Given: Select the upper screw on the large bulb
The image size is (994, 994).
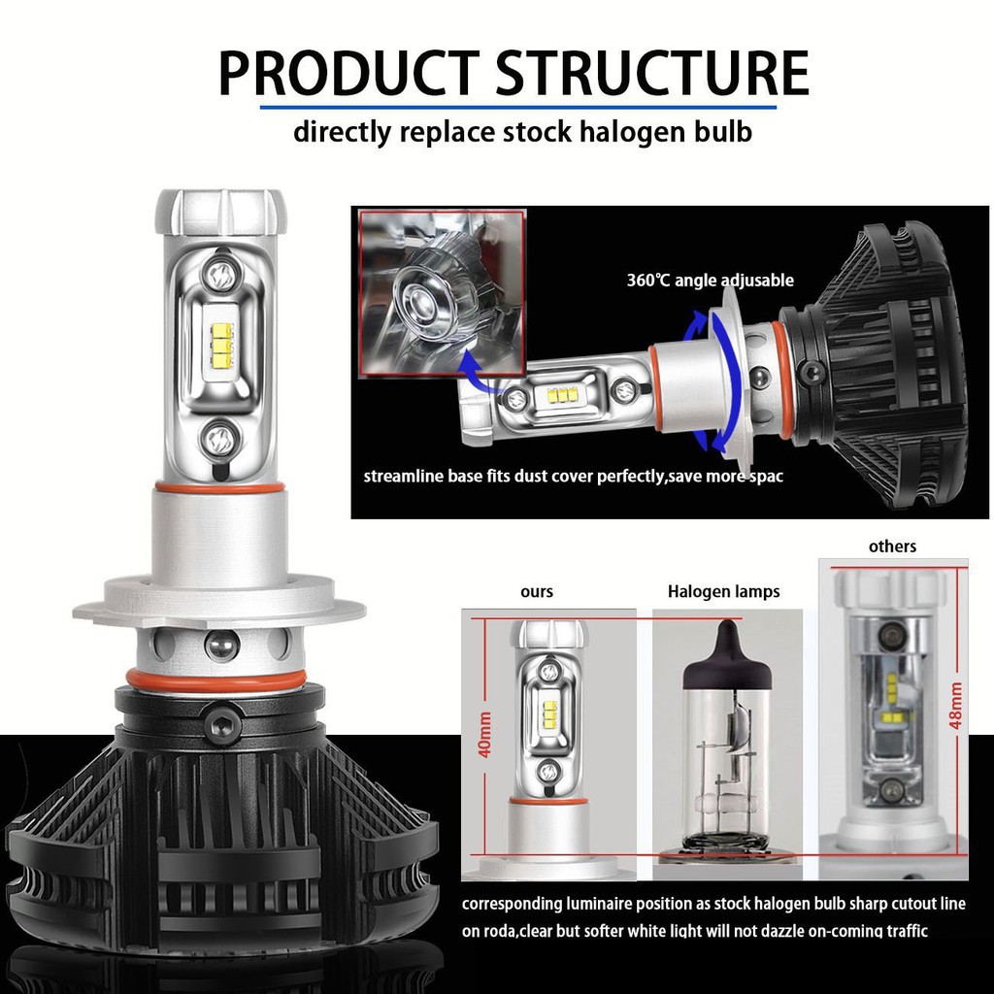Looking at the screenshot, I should [219, 275].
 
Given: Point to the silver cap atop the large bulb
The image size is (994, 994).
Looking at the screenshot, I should [221, 209].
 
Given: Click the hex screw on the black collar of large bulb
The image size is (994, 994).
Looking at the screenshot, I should [219, 723].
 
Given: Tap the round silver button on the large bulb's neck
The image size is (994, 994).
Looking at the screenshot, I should [221, 645].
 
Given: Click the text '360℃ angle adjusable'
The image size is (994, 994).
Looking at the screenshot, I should [710, 281].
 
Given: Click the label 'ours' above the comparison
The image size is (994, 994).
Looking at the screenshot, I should [536, 591].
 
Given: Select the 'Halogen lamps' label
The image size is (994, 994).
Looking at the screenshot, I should [723, 591].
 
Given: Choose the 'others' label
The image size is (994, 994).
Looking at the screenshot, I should [892, 547].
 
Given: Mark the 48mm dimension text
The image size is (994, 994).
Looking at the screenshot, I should [957, 706].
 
